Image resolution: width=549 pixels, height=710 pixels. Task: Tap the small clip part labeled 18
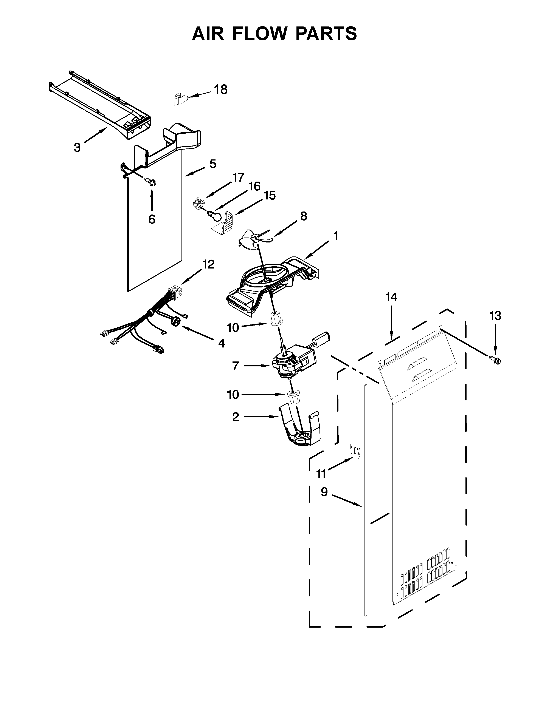178,99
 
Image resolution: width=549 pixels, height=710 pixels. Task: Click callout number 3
77,148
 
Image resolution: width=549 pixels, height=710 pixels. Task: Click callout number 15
270,195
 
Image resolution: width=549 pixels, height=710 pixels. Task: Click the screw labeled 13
495,359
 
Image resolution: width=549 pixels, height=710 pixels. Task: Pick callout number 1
335,236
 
